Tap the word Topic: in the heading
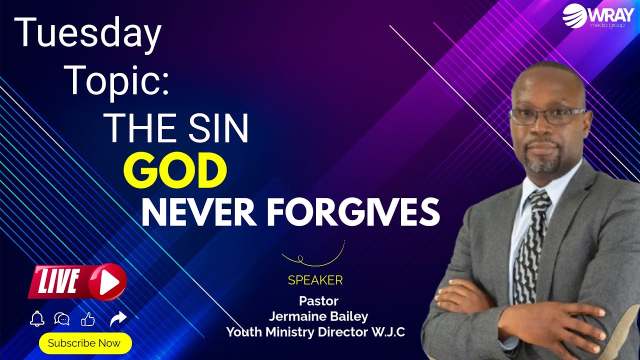pos(117,80)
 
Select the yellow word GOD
pos(175,171)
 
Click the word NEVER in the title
pos(197,211)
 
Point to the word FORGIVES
pos(353,211)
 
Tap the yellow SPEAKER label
pos(315,280)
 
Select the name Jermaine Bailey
pos(318,316)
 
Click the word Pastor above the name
pos(318,301)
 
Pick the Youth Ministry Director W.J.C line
pos(315,331)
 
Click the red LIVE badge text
pos(58,281)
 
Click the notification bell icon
pos(37,318)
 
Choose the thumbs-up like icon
pos(88,319)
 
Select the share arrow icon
pos(118,318)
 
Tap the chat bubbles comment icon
pos(62,319)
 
